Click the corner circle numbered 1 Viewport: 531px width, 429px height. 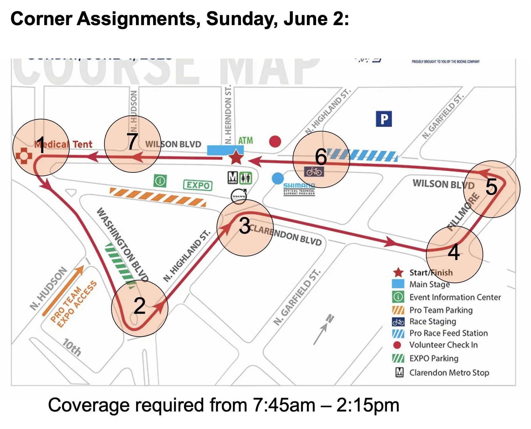(x=41, y=147)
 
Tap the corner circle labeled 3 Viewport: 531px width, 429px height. (x=245, y=228)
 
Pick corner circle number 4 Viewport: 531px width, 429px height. (x=454, y=254)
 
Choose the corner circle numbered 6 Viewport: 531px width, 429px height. (x=321, y=159)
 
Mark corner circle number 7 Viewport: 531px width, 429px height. (x=132, y=144)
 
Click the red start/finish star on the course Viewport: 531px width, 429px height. (x=236, y=158)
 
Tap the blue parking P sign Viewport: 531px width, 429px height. (x=384, y=119)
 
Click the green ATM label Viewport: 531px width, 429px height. (x=245, y=140)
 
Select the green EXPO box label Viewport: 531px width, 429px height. (x=198, y=185)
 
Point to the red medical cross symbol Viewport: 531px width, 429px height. (x=24, y=156)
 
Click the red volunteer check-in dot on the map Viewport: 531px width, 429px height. (x=275, y=141)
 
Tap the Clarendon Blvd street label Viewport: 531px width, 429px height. (x=285, y=235)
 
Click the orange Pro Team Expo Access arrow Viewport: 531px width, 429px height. (x=63, y=290)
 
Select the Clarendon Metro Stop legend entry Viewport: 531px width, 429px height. (x=449, y=372)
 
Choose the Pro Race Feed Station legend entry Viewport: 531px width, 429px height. (x=448, y=333)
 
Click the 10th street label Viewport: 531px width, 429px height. (x=72, y=347)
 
